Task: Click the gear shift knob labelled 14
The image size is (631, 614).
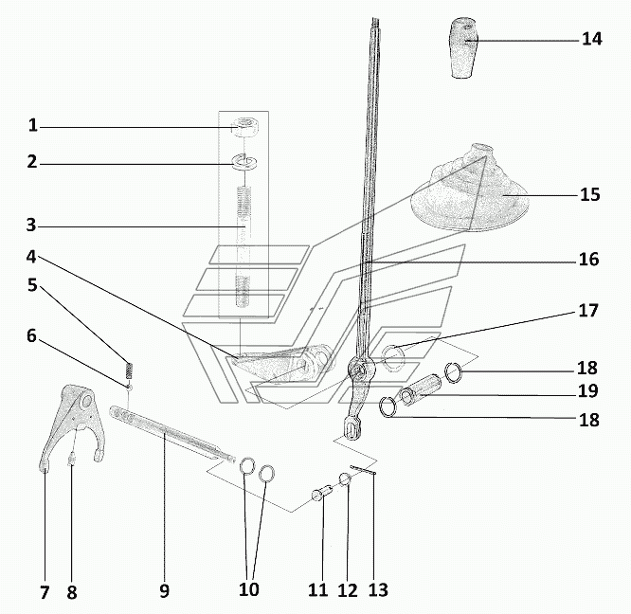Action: tap(463, 47)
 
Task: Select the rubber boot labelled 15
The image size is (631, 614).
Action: tap(470, 189)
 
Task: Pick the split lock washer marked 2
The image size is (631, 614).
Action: tap(244, 162)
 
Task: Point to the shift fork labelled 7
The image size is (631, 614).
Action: tap(72, 426)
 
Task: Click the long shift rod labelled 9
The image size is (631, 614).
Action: tap(172, 434)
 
